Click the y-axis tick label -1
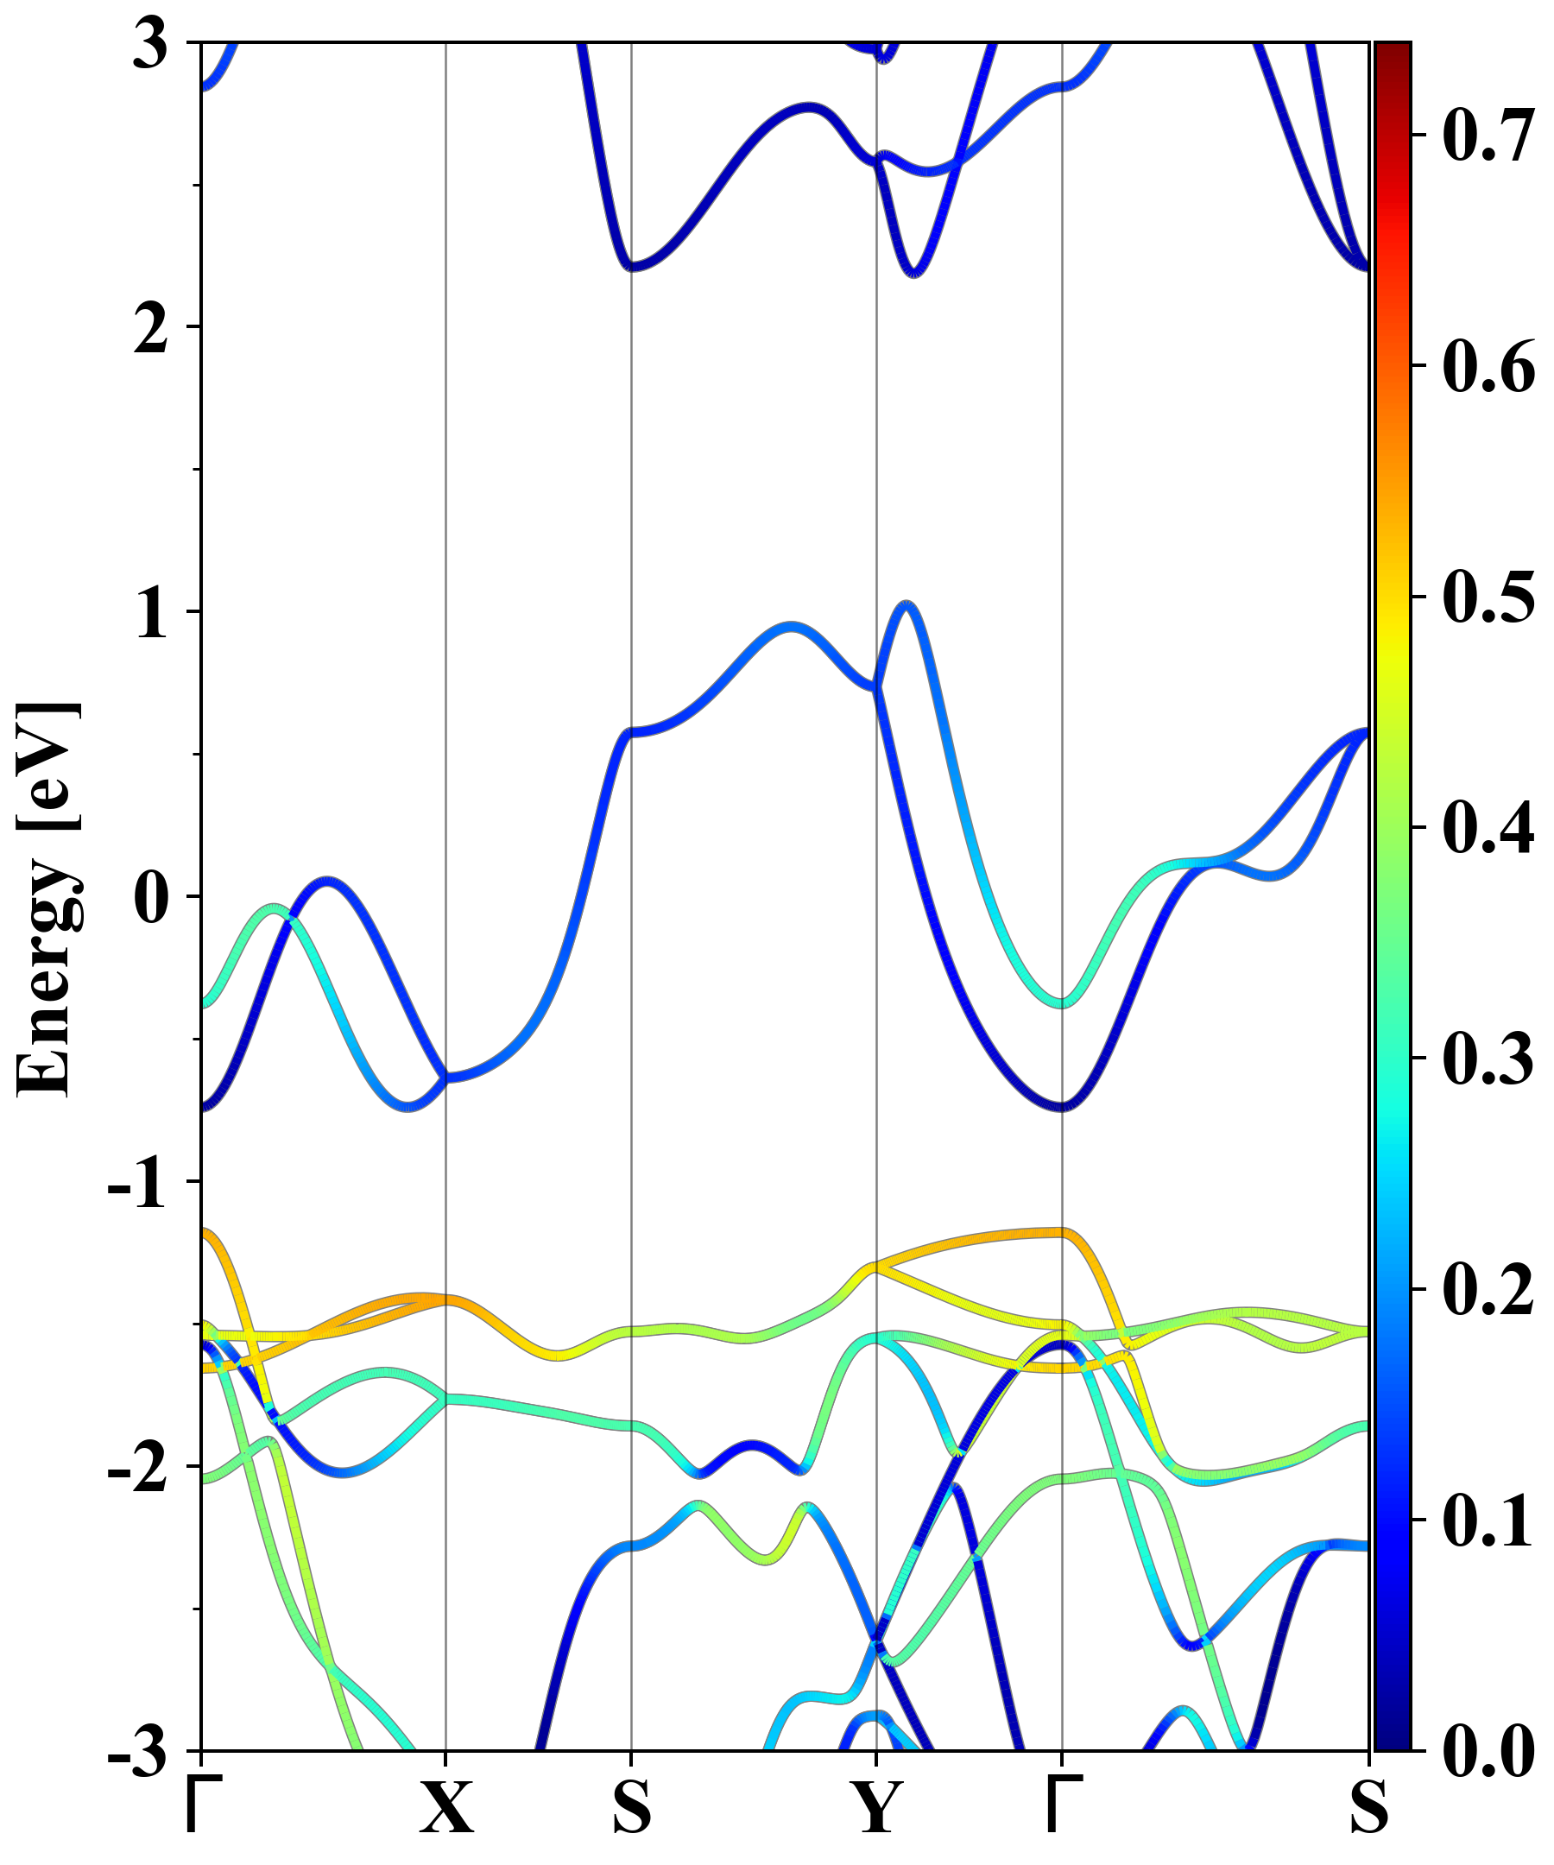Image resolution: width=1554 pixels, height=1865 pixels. tap(136, 1184)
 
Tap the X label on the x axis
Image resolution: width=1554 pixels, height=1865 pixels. tap(445, 1808)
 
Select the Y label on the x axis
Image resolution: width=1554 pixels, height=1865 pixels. tap(876, 1808)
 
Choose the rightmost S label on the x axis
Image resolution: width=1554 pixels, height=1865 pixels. tap(1368, 1808)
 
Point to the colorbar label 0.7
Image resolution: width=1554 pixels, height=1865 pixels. tap(1488, 135)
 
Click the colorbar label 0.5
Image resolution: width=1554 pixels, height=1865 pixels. tap(1488, 597)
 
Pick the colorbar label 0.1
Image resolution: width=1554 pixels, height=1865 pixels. tap(1488, 1520)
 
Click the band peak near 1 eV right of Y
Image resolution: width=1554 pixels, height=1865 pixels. tap(906, 604)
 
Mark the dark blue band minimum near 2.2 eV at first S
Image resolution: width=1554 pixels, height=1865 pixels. tap(631, 267)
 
